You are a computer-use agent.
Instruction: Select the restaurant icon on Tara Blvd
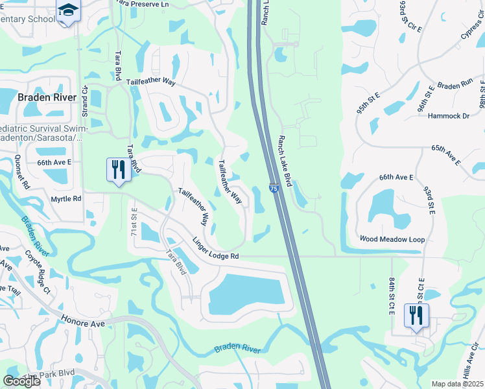coord(117,170)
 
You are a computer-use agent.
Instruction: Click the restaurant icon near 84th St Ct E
coord(415,315)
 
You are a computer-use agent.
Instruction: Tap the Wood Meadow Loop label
coord(392,239)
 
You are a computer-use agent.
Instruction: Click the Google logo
coord(22,381)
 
